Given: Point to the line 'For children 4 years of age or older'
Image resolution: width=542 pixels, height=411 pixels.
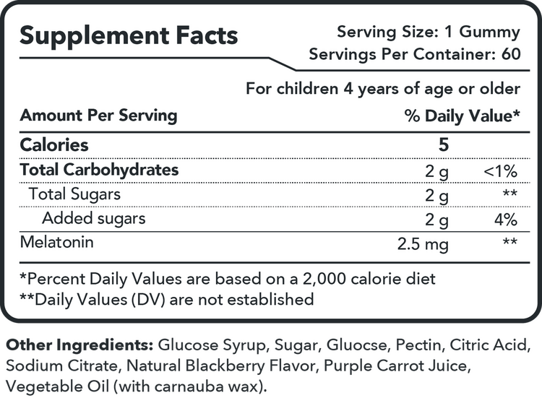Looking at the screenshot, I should [x=383, y=89].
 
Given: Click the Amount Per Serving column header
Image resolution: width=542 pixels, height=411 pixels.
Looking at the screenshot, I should [x=98, y=116].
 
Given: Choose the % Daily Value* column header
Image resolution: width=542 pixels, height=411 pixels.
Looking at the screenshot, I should [x=463, y=116].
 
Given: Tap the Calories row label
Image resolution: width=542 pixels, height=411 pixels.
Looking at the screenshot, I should [x=54, y=144].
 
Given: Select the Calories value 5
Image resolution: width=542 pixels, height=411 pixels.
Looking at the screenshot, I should [x=443, y=144].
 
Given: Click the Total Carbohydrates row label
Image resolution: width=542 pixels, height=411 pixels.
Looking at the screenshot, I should [x=99, y=170].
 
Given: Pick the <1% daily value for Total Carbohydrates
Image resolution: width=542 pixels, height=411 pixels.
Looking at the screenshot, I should [x=501, y=172].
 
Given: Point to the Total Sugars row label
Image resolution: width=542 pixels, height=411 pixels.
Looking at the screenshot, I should [x=74, y=194].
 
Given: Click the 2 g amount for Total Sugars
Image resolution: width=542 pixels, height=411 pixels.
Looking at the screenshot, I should [x=437, y=196].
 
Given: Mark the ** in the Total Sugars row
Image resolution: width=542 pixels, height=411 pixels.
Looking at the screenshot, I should [x=509, y=194].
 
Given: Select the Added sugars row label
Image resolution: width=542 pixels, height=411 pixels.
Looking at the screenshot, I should [x=94, y=218].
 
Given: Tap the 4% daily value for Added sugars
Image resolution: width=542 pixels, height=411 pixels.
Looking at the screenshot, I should [x=507, y=220].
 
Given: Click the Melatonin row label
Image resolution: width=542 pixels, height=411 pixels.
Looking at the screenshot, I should [x=57, y=242].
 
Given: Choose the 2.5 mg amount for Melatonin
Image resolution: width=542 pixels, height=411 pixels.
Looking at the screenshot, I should [x=423, y=244].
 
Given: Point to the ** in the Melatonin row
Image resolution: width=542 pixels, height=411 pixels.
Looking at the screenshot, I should [x=509, y=242].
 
